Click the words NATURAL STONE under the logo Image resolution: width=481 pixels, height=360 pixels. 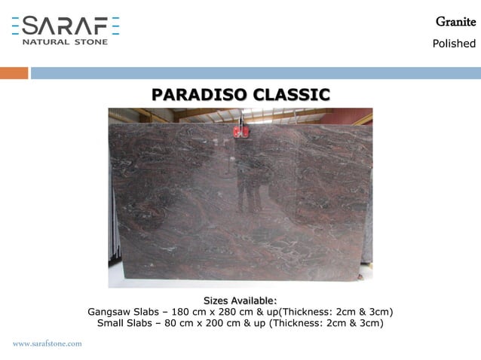click(66, 41)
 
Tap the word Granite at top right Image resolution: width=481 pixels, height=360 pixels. click(455, 22)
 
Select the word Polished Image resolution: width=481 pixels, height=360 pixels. click(454, 44)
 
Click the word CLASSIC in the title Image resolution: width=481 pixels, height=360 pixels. click(292, 95)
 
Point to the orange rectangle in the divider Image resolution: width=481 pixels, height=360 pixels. click(14, 73)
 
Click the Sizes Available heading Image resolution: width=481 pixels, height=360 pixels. click(240, 301)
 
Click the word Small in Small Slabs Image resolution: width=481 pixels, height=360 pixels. click(112, 323)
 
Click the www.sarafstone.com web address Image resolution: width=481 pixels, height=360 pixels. click(47, 343)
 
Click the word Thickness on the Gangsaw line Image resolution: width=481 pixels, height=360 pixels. click(308, 312)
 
